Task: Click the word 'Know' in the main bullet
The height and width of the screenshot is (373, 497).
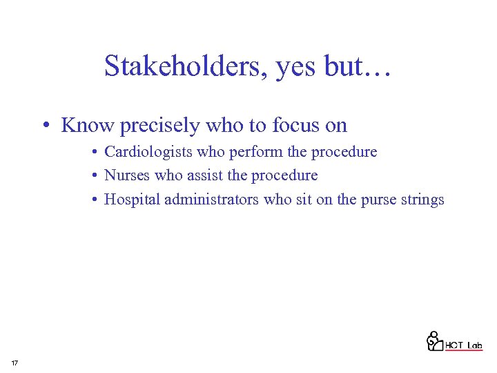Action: pyautogui.click(x=88, y=125)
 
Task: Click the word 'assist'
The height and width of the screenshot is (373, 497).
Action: pyautogui.click(x=204, y=175)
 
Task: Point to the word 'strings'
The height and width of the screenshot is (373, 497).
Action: pyautogui.click(x=422, y=200)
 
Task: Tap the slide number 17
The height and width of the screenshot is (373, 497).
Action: pyautogui.click(x=14, y=363)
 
